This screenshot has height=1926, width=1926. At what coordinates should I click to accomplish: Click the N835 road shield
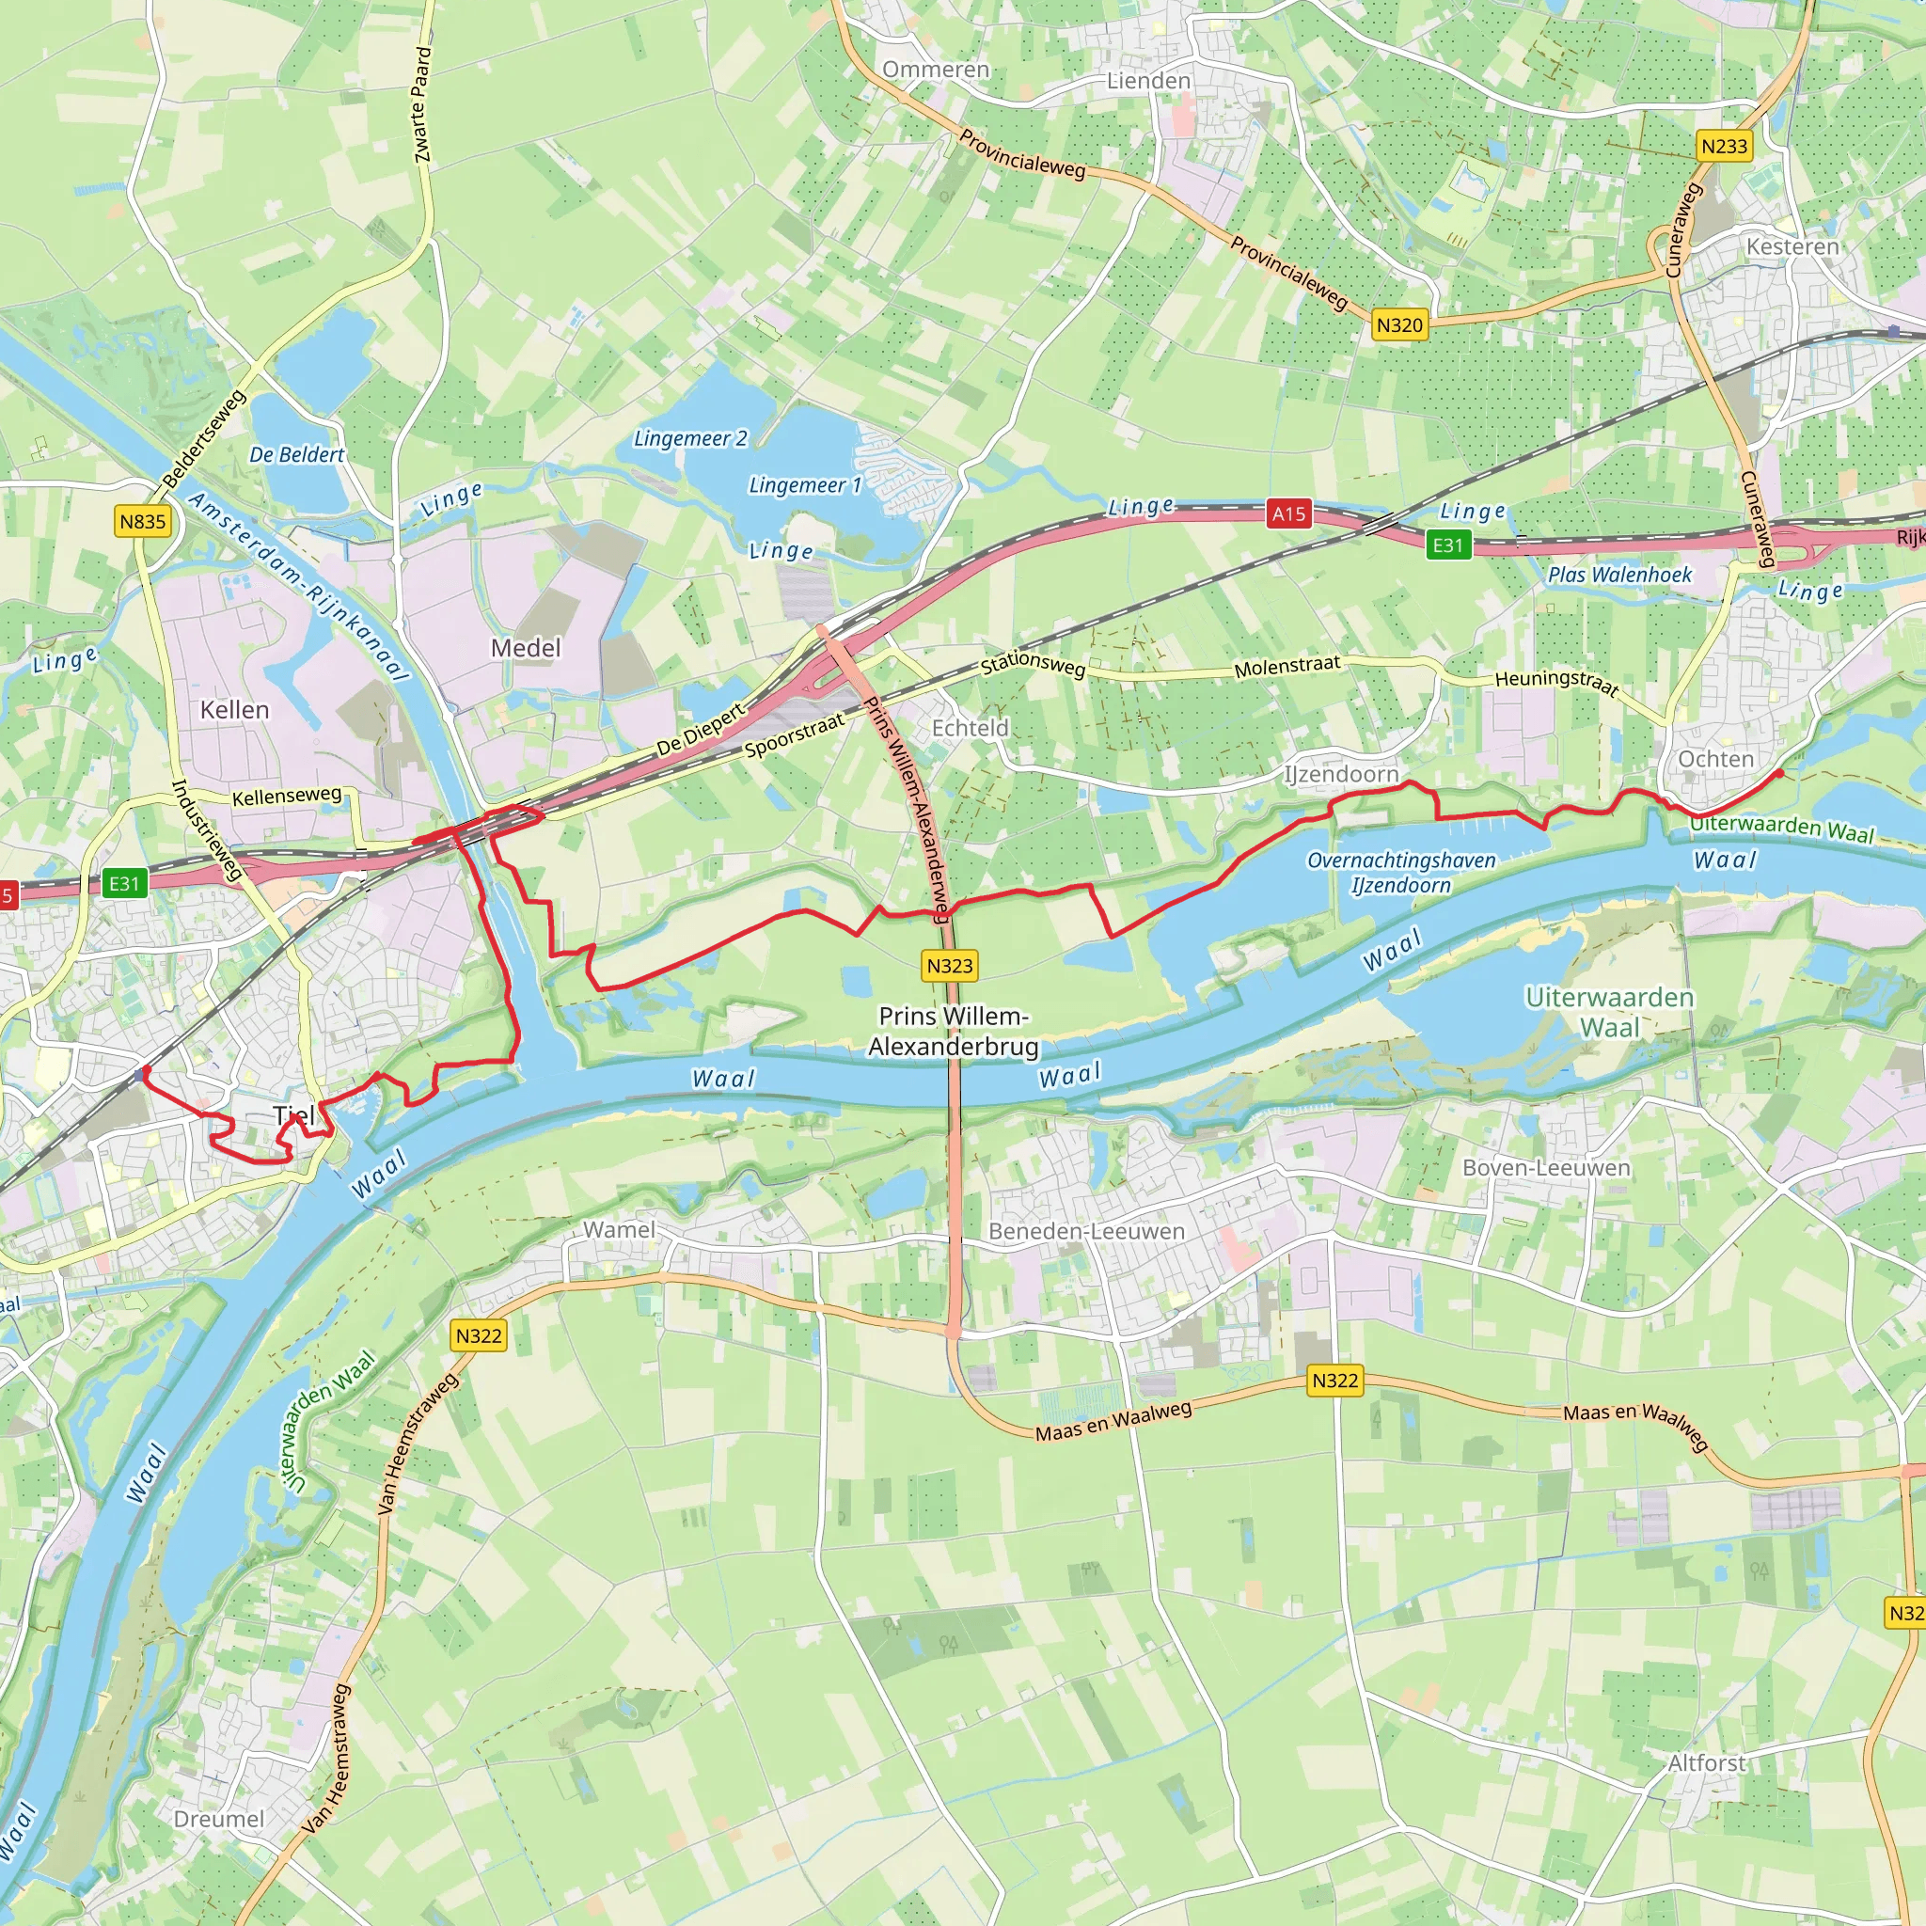pos(143,521)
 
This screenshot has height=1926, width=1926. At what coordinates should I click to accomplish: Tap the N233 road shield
pos(1724,147)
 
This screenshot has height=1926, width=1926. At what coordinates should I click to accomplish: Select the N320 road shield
pos(1399,325)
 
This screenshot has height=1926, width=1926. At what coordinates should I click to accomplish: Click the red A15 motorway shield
pos(1288,514)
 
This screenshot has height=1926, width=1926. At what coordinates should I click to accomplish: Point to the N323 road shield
pos(949,965)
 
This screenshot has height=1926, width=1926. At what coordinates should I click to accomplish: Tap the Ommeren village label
pos(936,70)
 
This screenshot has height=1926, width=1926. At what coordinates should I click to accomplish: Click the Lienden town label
pos(1148,81)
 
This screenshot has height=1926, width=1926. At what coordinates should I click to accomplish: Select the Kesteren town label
pos(1792,246)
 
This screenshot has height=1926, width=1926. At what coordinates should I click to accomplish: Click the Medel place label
pos(526,648)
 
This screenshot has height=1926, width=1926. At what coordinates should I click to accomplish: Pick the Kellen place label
pos(234,710)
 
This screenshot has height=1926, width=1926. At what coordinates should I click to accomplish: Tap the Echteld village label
pos(970,728)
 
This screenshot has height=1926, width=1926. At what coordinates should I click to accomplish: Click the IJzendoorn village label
pos(1341,775)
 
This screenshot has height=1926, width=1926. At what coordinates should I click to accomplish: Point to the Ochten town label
pos(1715,759)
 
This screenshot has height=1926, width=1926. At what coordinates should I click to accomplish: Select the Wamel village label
pos(619,1230)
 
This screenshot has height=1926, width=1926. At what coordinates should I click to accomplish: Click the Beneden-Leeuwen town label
pos(1086,1231)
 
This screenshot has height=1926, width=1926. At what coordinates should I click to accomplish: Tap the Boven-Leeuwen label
pos(1546,1167)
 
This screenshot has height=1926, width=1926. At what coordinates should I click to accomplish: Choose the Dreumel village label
pos(219,1820)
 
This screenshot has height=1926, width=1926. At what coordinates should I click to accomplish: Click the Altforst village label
pos(1707,1763)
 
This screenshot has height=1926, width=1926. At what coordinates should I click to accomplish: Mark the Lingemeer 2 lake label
pos(690,438)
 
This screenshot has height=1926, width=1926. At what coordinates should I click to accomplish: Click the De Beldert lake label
pos(296,454)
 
